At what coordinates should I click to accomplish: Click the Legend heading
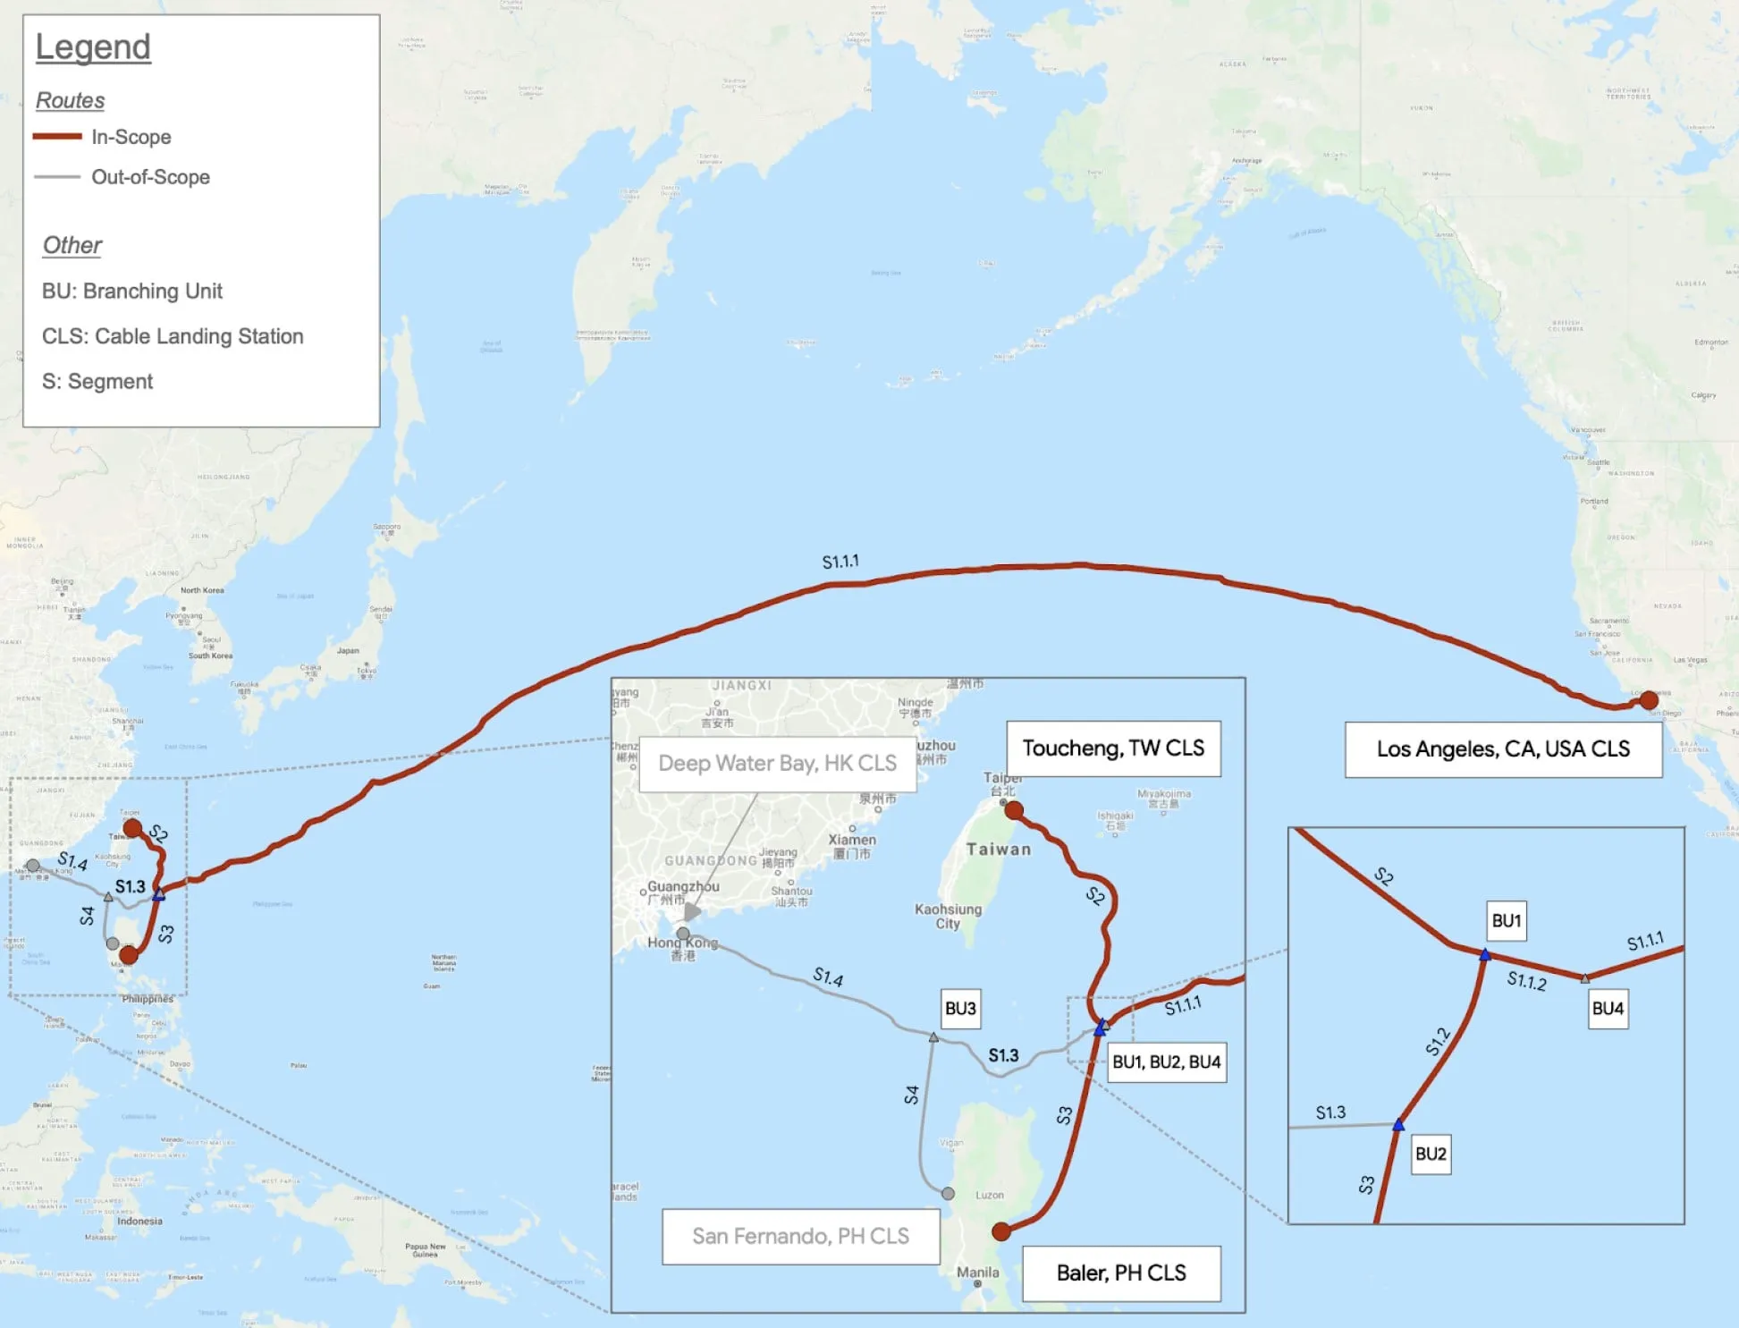pyautogui.click(x=93, y=47)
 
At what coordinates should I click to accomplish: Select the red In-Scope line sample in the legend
pyautogui.click(x=57, y=136)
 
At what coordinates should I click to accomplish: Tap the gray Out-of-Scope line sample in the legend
pyautogui.click(x=57, y=177)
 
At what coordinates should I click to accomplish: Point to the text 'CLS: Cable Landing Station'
pyautogui.click(x=173, y=336)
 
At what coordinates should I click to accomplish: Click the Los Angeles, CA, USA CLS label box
pyautogui.click(x=1503, y=749)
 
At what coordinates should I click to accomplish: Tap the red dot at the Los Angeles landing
pyautogui.click(x=1649, y=700)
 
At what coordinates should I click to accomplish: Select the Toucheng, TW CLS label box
pyautogui.click(x=1113, y=749)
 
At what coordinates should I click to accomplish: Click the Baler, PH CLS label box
pyautogui.click(x=1121, y=1273)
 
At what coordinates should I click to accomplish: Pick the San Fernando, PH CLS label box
pyautogui.click(x=800, y=1236)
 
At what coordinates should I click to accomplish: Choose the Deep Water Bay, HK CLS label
pyautogui.click(x=777, y=763)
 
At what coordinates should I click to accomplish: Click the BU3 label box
pyautogui.click(x=960, y=1009)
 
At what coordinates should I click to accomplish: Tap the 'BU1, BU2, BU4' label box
pyautogui.click(x=1166, y=1062)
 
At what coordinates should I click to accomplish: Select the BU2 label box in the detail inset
pyautogui.click(x=1431, y=1154)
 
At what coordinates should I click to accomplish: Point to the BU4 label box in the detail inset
pyautogui.click(x=1607, y=1009)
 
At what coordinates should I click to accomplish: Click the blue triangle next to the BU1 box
pyautogui.click(x=1485, y=955)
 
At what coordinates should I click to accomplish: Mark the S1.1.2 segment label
pyautogui.click(x=1526, y=981)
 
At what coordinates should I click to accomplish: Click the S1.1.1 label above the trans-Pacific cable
pyautogui.click(x=840, y=562)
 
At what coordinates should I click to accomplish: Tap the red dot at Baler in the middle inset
pyautogui.click(x=1001, y=1231)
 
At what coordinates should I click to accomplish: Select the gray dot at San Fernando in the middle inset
pyautogui.click(x=948, y=1193)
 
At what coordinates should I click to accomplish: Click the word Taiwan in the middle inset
pyautogui.click(x=999, y=850)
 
